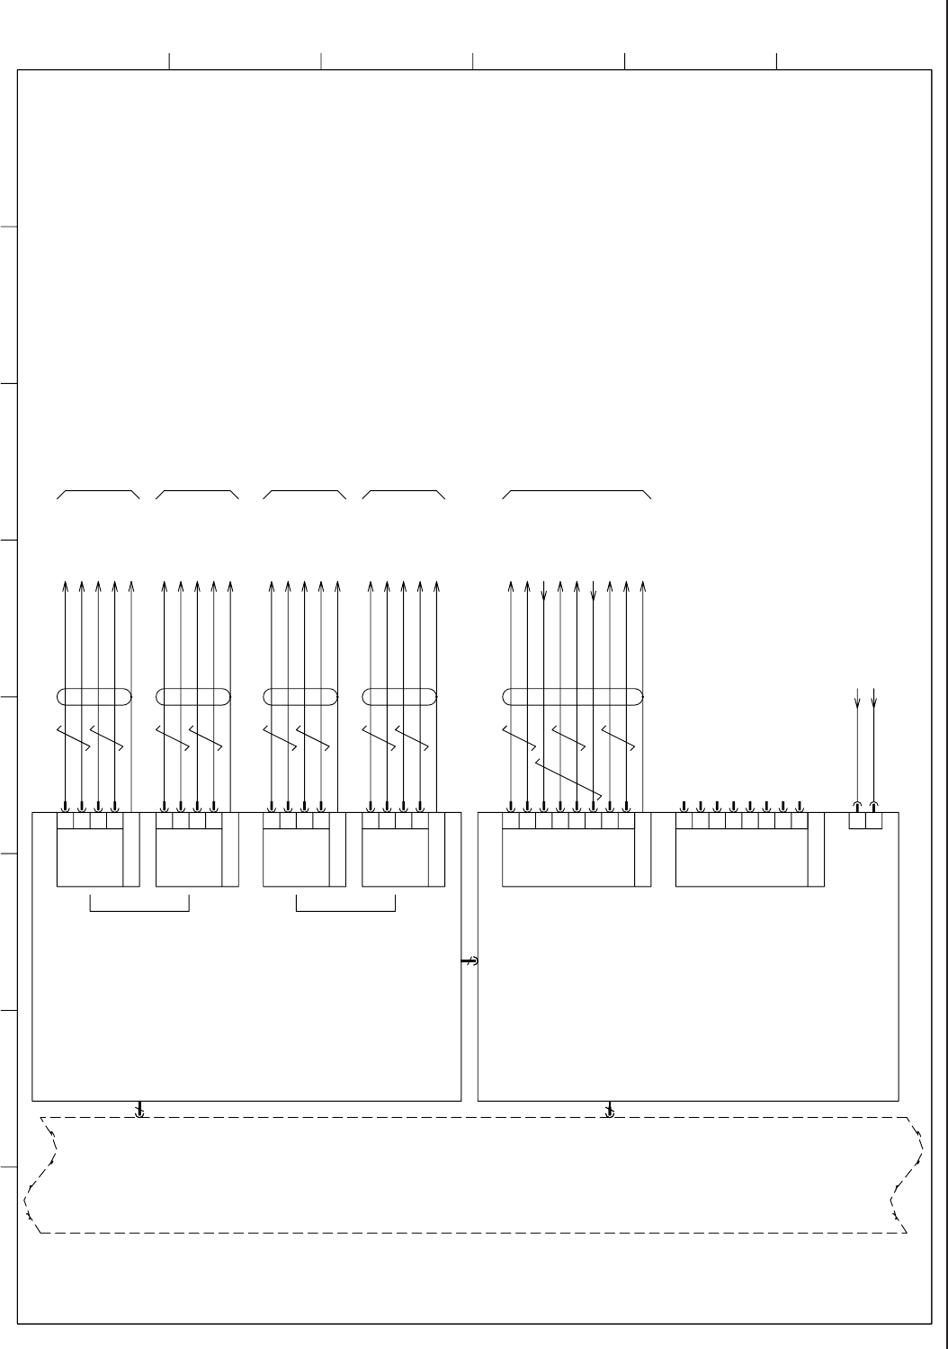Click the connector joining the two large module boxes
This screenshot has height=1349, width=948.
click(x=470, y=961)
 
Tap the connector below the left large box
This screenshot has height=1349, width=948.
click(x=139, y=1110)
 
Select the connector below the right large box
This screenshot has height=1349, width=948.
click(x=610, y=1110)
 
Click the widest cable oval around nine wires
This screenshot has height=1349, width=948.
click(x=573, y=696)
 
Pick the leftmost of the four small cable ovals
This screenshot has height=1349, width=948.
click(x=94, y=696)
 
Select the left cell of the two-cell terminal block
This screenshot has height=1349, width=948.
click(x=857, y=820)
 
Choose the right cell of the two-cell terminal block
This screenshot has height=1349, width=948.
click(x=873, y=820)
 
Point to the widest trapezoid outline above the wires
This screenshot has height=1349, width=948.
click(x=577, y=494)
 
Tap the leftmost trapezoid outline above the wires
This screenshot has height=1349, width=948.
click(x=98, y=494)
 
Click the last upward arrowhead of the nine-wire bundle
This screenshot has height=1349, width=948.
click(x=642, y=586)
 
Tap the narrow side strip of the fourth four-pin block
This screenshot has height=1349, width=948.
click(x=437, y=849)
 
